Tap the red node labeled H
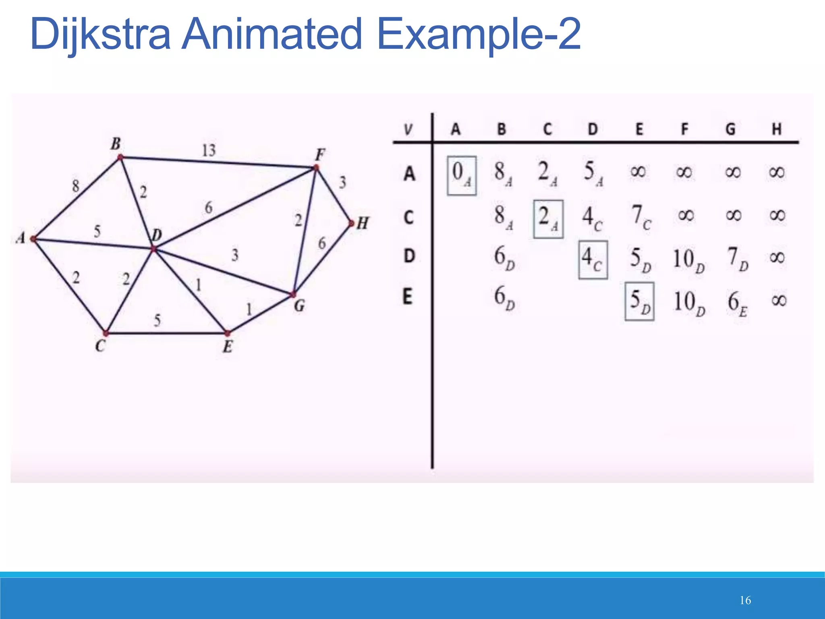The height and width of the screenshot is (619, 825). coord(351,223)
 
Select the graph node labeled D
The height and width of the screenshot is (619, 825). coord(153,249)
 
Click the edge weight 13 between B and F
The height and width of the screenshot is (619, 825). coord(209,150)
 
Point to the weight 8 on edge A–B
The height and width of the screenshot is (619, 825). coord(76,186)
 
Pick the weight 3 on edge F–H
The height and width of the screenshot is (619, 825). coord(342,183)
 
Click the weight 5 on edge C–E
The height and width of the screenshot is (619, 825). coord(157,320)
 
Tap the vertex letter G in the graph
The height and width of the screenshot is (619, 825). coord(299,306)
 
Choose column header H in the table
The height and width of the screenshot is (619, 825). coord(776,129)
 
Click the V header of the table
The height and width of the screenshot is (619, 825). coord(408,130)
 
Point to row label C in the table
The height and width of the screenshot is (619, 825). coord(408,218)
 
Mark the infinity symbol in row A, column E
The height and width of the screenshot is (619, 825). coord(638,172)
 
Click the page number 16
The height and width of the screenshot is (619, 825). coord(745,600)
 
